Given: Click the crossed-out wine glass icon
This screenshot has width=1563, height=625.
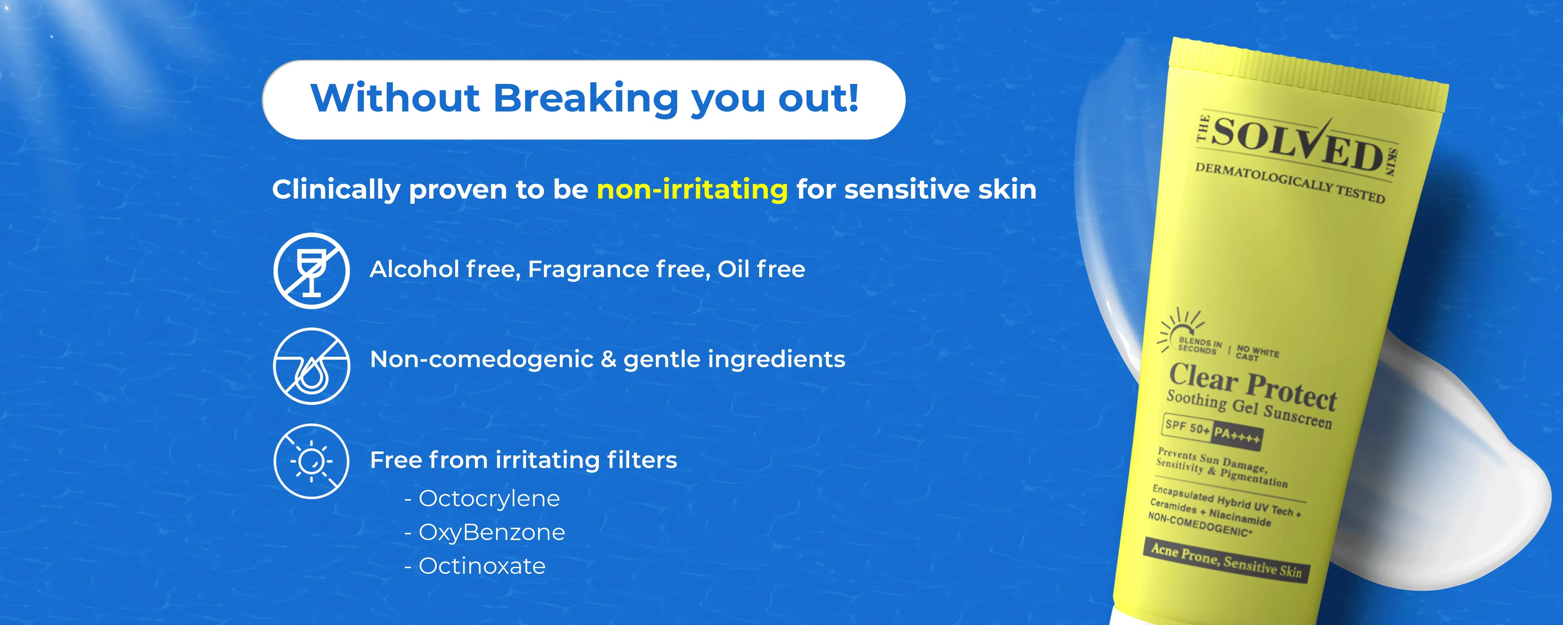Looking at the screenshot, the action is pyautogui.click(x=311, y=271).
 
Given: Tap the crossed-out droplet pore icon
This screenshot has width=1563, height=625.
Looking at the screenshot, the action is pyautogui.click(x=311, y=366).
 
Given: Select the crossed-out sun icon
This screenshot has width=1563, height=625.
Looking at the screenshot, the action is pyautogui.click(x=311, y=461).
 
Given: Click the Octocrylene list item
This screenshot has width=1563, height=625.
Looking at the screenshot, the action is pyautogui.click(x=482, y=499).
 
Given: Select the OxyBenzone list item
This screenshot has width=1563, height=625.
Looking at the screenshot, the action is pyautogui.click(x=485, y=533).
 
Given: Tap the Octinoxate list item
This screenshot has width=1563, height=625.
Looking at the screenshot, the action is pyautogui.click(x=475, y=566).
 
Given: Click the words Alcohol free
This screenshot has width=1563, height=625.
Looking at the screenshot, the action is pyautogui.click(x=445, y=269).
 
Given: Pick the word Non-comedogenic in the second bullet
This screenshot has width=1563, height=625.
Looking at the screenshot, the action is pyautogui.click(x=482, y=360).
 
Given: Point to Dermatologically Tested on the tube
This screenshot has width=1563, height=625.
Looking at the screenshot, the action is pyautogui.click(x=1290, y=183).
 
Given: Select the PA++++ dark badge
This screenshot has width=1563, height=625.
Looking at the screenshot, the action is pyautogui.click(x=1237, y=436).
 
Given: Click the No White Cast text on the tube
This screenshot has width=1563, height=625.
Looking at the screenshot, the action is pyautogui.click(x=1257, y=353).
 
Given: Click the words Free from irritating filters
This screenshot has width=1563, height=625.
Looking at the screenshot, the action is pyautogui.click(x=523, y=460).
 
